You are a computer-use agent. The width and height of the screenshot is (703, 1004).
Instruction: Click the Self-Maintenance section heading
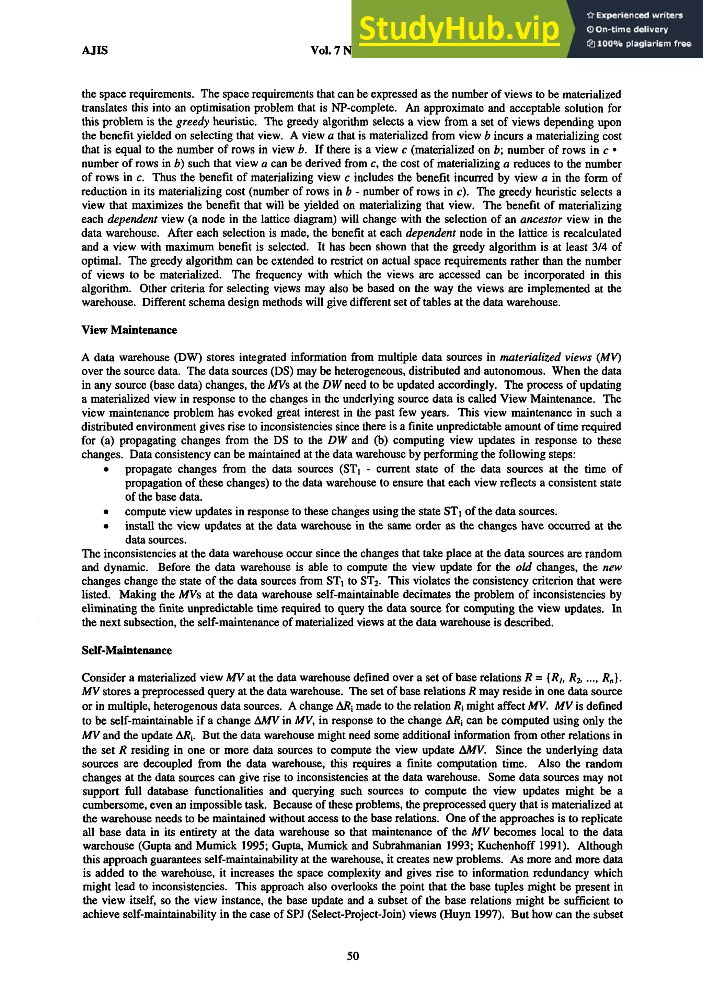point(126,650)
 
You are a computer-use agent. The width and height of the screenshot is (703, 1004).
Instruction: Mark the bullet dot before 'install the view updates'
point(106,526)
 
